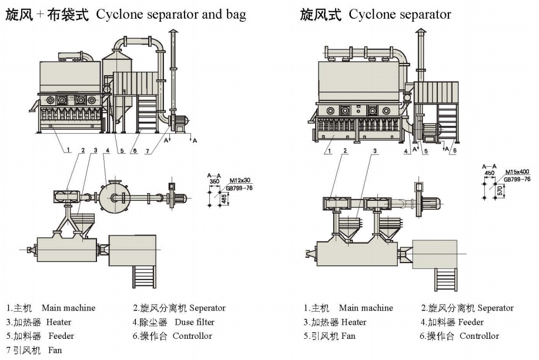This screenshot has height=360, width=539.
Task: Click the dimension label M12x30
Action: [x=239, y=180]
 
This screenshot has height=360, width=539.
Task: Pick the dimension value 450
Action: [x=489, y=173]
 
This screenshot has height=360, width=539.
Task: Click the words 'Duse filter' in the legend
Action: [x=195, y=322]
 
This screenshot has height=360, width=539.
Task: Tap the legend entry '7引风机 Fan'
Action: [x=34, y=351]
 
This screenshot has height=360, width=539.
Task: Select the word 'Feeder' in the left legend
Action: [x=61, y=337]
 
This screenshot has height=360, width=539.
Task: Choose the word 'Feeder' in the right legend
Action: [x=471, y=322]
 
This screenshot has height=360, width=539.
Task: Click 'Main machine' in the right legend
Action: [x=366, y=308]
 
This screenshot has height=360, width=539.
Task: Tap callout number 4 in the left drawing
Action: [x=107, y=151]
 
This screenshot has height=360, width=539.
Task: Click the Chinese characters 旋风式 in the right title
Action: [x=321, y=15]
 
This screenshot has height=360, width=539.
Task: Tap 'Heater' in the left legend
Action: [x=59, y=322]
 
